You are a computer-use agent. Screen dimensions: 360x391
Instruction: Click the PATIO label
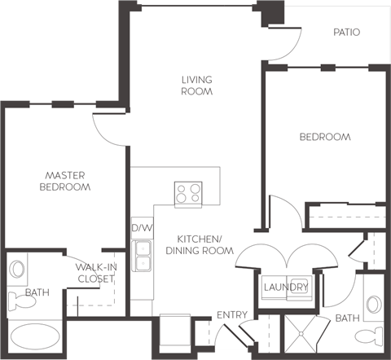(346, 33)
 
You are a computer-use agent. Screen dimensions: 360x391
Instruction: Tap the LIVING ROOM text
(196, 86)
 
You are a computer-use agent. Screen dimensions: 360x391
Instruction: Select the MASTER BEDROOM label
(65, 181)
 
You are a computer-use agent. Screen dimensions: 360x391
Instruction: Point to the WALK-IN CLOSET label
(95, 273)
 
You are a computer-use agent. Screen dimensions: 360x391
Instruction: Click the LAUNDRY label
(286, 288)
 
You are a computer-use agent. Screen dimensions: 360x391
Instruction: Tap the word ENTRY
(232, 315)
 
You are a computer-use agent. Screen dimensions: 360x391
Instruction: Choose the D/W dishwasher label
(141, 229)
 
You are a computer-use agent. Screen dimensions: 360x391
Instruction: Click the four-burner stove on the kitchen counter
(188, 193)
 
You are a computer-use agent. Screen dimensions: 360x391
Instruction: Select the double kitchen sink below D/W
(143, 255)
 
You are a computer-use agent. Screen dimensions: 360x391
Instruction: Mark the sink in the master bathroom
(17, 270)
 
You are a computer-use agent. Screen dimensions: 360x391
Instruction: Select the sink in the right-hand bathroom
(374, 305)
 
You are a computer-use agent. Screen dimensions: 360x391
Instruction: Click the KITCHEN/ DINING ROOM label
(200, 245)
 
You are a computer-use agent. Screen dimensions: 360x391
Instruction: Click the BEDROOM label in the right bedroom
(325, 137)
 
